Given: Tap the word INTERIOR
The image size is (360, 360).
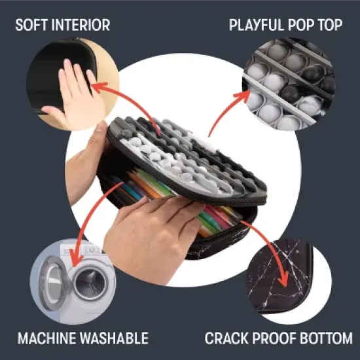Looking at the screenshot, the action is pos(81,25).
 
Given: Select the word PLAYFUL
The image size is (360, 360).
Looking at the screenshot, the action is pos(257,25).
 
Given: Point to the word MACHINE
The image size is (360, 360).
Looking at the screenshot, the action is pos(47,338).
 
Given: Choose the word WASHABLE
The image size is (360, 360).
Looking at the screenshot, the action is pos(114,338).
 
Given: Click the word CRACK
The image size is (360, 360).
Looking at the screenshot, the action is pos(226,338).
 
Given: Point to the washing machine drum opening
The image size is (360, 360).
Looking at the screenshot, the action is pos(91,283).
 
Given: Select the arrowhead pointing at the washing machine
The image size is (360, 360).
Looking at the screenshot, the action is pos(76,259).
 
